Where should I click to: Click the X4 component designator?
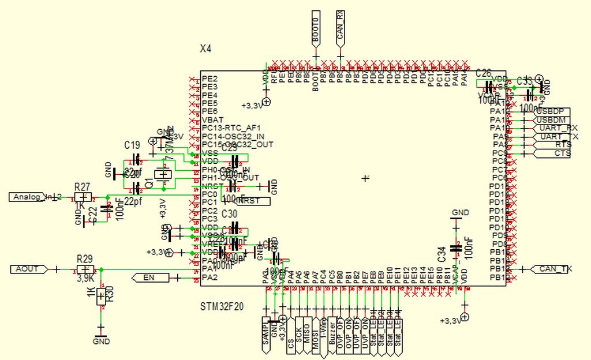point(205,50)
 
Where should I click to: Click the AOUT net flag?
point(28,269)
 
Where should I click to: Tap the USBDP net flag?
point(551,111)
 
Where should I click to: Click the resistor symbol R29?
point(85,269)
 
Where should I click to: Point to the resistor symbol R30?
point(102,297)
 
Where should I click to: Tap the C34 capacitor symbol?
point(456,247)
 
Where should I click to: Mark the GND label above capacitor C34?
point(460,213)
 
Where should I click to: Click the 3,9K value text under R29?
point(85,278)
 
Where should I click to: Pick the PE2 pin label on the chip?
point(210,78)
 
